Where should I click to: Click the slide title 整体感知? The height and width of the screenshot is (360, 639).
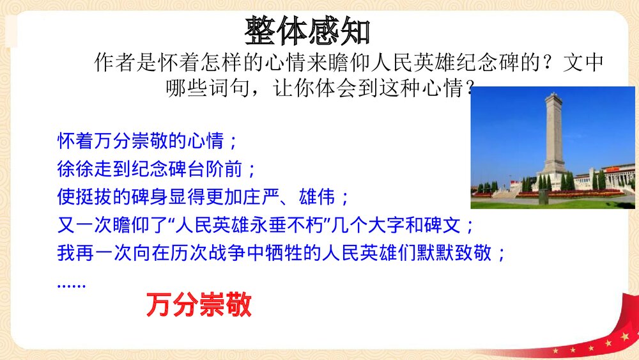307,31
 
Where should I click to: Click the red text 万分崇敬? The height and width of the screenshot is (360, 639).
199,306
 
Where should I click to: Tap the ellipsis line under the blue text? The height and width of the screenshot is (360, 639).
71,283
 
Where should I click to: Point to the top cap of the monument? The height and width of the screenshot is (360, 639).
553,98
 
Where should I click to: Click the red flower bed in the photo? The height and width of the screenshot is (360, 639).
569,194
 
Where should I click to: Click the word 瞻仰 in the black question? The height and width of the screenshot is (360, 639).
345,63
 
